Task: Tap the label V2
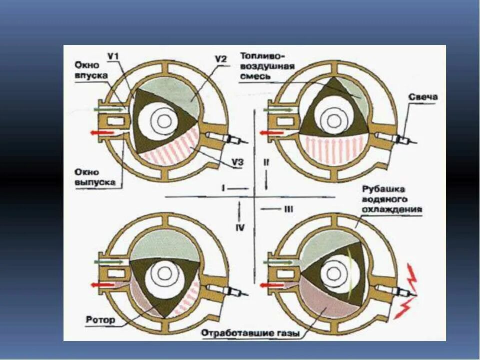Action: coord(221,59)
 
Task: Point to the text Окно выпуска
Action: coord(95,178)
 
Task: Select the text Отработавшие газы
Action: coord(250,332)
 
